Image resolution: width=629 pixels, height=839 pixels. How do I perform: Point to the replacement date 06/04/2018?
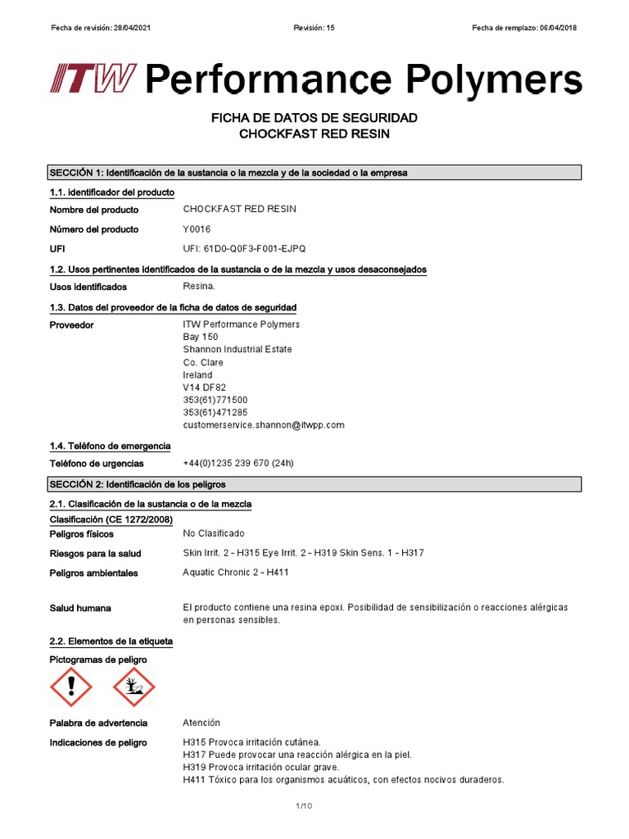click(558, 28)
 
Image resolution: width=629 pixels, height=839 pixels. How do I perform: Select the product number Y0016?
click(197, 229)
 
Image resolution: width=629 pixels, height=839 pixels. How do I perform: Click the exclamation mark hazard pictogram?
click(71, 687)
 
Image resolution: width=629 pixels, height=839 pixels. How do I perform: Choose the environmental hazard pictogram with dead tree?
click(133, 687)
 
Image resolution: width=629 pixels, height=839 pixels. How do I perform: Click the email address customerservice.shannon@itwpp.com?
click(264, 425)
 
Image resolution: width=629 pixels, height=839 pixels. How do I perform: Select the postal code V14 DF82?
click(204, 388)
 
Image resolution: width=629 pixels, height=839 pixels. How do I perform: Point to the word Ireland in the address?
click(197, 375)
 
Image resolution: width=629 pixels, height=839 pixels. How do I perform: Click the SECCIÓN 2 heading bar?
click(315, 485)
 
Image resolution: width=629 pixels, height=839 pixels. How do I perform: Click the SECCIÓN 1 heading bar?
click(315, 173)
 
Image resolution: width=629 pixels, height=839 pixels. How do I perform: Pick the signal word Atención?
click(201, 723)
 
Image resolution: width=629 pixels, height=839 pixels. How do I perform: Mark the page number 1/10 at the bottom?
click(304, 807)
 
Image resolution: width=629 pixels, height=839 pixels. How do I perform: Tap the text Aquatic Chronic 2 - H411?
click(236, 573)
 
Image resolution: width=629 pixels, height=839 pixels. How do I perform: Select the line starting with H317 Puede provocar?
click(297, 755)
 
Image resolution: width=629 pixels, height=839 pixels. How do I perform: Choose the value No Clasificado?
click(214, 533)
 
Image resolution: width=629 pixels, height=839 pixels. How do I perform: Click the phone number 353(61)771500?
click(215, 400)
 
